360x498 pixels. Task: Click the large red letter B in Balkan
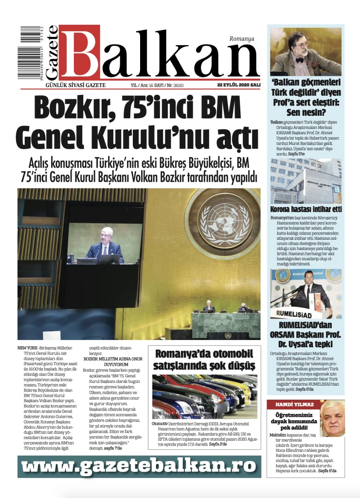[x=80, y=53]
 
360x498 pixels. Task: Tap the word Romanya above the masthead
[x=242, y=38]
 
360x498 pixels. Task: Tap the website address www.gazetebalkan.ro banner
[x=139, y=466]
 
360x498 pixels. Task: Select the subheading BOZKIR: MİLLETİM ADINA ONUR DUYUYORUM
[x=113, y=361]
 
